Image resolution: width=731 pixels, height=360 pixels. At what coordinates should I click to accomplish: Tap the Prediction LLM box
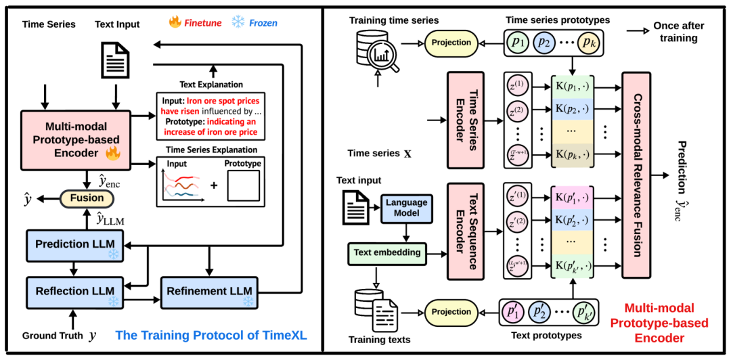coord(74,244)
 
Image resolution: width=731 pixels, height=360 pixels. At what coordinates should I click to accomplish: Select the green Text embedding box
coord(388,252)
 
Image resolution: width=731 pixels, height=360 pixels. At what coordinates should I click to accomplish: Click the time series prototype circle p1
coord(519,43)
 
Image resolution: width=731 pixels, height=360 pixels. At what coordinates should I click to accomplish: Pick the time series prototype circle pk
coord(585,43)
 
